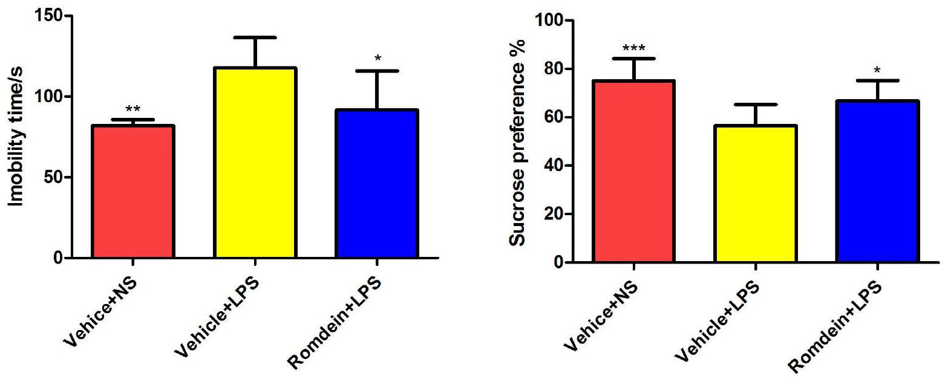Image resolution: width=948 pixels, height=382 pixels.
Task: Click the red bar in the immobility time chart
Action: pyautogui.click(x=133, y=192)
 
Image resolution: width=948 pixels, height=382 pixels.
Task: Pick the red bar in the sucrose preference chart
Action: pyautogui.click(x=633, y=172)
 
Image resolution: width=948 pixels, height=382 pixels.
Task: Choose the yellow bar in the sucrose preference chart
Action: pyautogui.click(x=754, y=194)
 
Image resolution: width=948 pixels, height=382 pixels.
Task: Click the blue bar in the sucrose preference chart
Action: pyautogui.click(x=878, y=181)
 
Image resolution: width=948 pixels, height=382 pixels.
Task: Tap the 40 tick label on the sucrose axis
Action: pyautogui.click(x=550, y=166)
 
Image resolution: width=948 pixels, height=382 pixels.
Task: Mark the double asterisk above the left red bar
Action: pyautogui.click(x=132, y=110)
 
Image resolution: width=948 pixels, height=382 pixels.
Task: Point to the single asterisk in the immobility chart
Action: pyautogui.click(x=378, y=59)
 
